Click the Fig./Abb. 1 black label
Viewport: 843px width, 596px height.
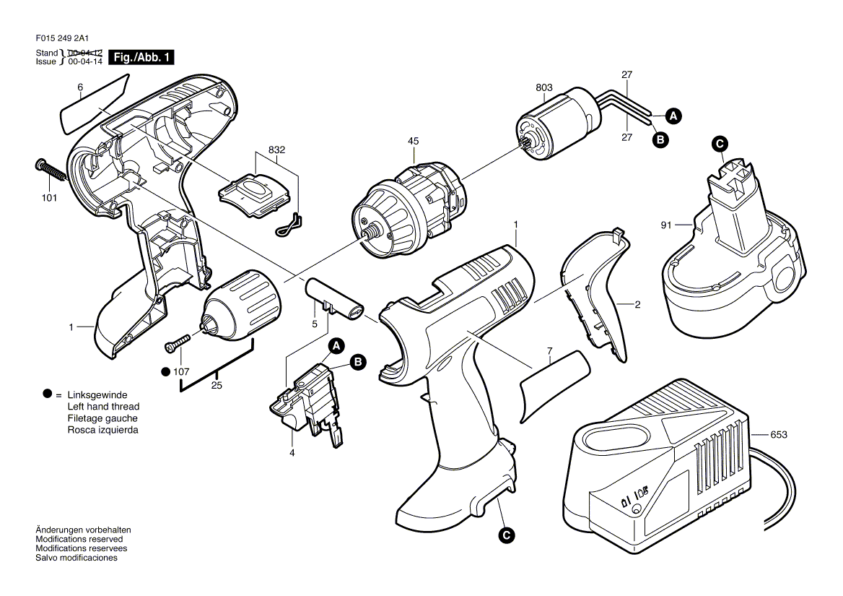point(141,58)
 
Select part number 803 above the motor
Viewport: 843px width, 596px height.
point(544,87)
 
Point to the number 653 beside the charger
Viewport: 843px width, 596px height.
point(779,435)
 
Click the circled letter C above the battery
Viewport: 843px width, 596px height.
point(720,144)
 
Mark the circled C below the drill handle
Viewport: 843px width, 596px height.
point(507,535)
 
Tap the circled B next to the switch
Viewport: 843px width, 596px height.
point(357,362)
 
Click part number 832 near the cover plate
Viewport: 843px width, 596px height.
point(276,150)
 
